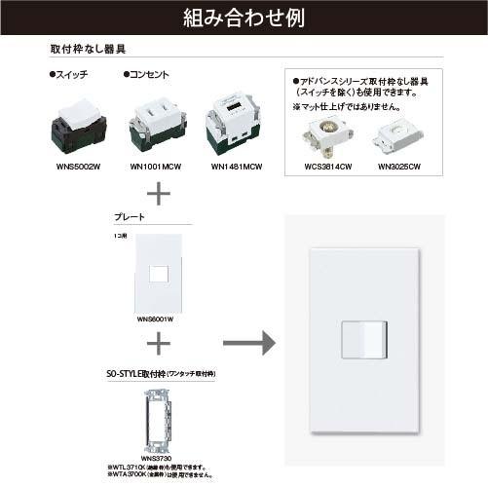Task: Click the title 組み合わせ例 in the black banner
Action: [244, 17]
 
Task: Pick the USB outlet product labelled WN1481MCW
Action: [234, 125]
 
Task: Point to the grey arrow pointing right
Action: [247, 343]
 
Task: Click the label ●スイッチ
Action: [69, 74]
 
